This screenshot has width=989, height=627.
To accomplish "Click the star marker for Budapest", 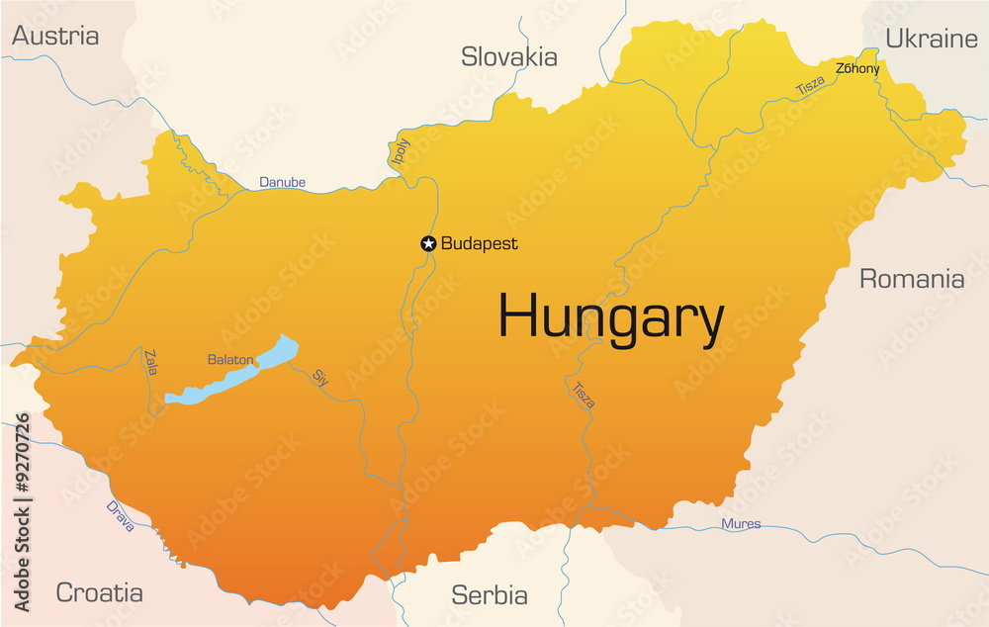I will coord(428,243).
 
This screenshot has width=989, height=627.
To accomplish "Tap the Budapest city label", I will coord(479,243).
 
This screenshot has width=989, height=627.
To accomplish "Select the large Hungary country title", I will coord(610,318).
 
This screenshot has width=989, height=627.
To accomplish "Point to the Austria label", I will coord(55,36).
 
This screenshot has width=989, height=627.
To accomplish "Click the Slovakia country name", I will coord(509,57).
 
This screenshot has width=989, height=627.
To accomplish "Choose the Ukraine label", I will coord(931,39).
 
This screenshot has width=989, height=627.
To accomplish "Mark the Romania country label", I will coord(911,279).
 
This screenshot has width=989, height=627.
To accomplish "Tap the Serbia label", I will coord(490,595).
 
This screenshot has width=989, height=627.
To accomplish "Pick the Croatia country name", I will coord(99,592).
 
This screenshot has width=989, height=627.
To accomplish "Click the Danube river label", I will coord(282,182).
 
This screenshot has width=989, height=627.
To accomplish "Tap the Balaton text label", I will coord(229,360).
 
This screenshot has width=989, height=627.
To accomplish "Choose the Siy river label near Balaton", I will coord(319,376).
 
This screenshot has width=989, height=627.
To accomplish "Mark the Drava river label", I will coord(120,516).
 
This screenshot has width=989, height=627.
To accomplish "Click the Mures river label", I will coord(741,523).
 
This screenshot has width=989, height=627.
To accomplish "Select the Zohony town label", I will coord(857,68).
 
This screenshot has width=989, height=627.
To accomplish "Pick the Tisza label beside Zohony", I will coord(810,86).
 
